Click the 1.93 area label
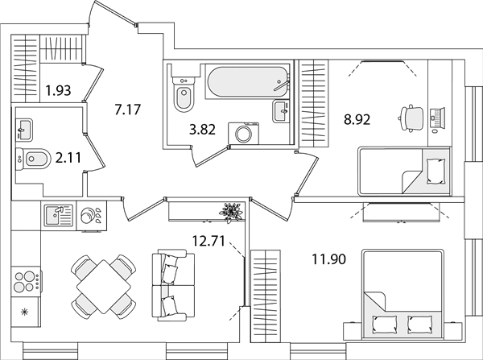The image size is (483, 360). pos(58,91)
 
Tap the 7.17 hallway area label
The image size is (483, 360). pos(127,110)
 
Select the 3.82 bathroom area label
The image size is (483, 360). pos(202,130)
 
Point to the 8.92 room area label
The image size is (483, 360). pos(357,119)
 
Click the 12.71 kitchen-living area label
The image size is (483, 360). pos(208,241)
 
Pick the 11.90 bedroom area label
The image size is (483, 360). pos(328,259)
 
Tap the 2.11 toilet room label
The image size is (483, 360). pos(68,158)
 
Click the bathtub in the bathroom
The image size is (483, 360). pos(248,82)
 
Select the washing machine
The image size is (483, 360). pos(244,133)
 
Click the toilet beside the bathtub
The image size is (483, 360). pos(184,94)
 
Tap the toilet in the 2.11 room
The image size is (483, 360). pos(33,159)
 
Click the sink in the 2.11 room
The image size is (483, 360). pos(23,130)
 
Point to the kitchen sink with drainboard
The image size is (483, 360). pos(59,215)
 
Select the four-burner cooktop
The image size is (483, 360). pos(27,282)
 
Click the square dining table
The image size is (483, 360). pos(104,287)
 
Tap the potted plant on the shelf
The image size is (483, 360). pos(231,212)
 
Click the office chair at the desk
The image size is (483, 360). pos(411,118)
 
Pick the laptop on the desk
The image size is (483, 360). pos(437,118)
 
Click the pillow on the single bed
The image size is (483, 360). pos(436,172)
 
